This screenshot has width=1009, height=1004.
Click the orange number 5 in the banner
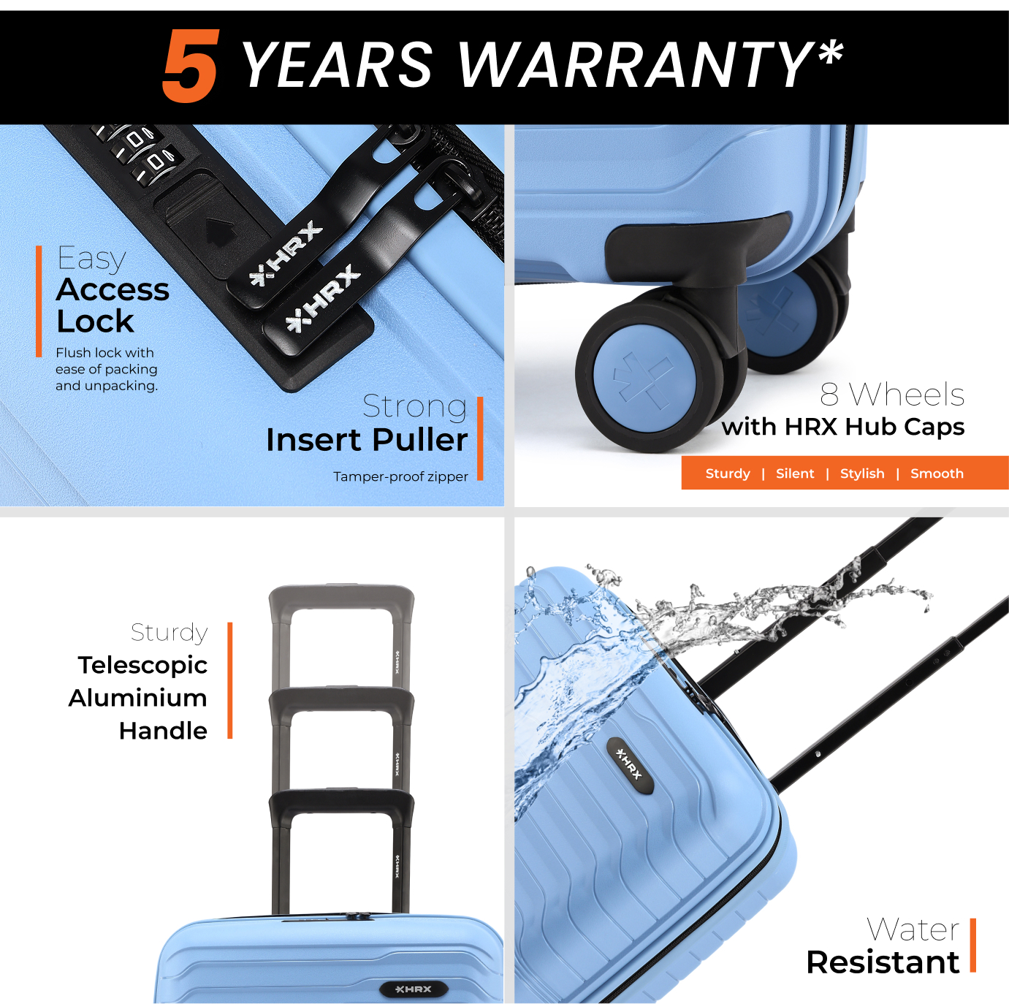click(191, 65)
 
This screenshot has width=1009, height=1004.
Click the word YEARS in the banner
click(338, 65)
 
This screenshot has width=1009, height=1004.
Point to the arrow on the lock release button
click(219, 232)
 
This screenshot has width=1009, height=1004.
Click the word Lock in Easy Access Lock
click(95, 321)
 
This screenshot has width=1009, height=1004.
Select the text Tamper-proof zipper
click(400, 476)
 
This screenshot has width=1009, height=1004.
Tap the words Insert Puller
click(367, 439)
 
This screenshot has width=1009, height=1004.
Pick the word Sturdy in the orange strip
click(728, 474)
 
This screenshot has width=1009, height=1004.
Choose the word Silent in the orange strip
click(795, 474)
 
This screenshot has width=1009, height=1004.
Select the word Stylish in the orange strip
click(862, 474)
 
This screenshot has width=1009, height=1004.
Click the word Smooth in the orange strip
click(937, 474)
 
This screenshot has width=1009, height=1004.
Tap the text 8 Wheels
click(892, 395)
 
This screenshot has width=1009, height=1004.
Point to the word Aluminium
click(137, 698)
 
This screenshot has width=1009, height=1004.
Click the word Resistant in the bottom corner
click(883, 962)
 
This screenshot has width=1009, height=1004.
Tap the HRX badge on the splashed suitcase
click(630, 766)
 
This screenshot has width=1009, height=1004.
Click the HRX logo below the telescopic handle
click(414, 989)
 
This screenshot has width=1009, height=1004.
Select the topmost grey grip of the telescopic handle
click(341, 598)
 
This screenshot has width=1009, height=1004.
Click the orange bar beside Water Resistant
click(973, 946)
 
